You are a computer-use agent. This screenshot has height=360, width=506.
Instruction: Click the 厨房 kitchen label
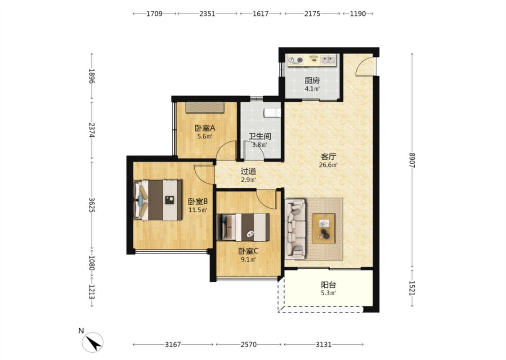pos(312,81)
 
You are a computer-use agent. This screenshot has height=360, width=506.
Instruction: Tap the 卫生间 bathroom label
pos(260,136)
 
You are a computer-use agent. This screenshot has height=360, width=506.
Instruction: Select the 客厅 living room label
pos(328,157)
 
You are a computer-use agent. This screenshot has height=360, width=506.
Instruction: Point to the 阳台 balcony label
pos(328,285)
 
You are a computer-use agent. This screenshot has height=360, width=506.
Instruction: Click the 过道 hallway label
pos(248,171)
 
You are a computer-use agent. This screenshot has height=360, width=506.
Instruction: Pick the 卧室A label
pos(205,128)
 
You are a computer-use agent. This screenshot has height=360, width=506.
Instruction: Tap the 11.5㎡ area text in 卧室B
pos(198,210)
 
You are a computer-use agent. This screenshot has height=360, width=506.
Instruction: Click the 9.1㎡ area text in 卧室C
pos(248,260)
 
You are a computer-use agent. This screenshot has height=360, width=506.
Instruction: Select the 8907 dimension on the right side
pos(412,160)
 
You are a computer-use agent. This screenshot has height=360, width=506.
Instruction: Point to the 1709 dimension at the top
pos(154,13)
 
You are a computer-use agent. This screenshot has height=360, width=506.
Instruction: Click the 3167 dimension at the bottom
pos(173,345)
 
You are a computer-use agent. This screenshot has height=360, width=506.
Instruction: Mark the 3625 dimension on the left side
pos(92,205)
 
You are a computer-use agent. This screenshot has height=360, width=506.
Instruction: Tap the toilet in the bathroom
pos(273,112)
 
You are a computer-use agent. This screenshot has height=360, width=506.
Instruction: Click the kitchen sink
pos(328,59)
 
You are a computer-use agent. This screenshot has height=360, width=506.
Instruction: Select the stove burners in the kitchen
pos(296,60)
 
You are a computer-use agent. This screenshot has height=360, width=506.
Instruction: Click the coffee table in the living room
pos(323,229)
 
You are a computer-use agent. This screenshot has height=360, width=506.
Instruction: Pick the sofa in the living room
pos(295,229)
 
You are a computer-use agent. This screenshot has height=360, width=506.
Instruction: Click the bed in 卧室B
pos(158,200)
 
